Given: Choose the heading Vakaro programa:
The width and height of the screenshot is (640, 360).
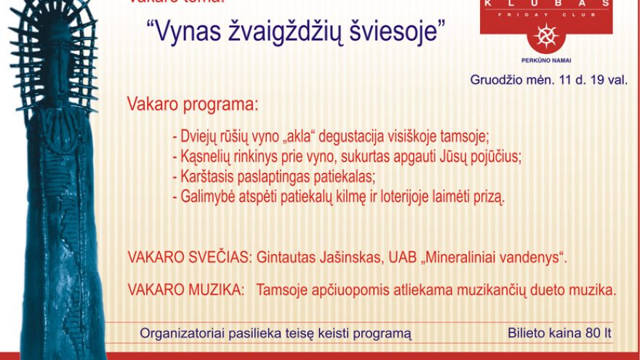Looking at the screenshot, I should coord(193,105).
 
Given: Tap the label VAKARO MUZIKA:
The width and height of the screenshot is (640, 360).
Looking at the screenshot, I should coord(185,289).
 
